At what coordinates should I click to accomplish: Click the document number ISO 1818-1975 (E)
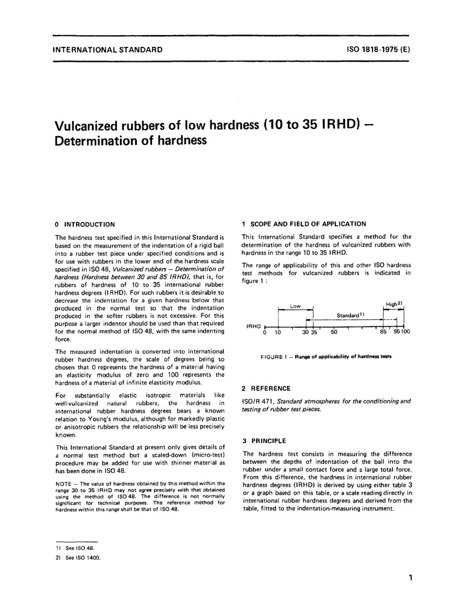375,50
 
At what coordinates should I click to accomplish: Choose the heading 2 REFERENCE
266,388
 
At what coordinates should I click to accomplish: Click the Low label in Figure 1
295,306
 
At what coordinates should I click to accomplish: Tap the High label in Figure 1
393,304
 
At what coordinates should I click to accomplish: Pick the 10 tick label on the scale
278,333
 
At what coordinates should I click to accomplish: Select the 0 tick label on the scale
265,333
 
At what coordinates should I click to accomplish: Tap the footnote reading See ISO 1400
82,558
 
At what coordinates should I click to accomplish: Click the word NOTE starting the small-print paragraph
64,483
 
